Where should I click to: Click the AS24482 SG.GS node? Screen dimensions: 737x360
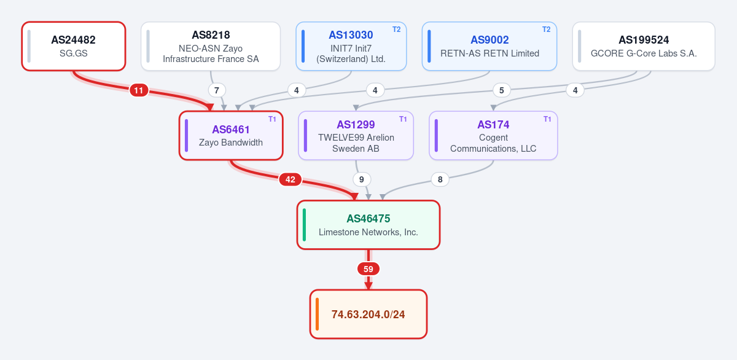(74, 46)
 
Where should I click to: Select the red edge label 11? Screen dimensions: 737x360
(139, 90)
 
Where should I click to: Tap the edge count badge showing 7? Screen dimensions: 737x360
(216, 90)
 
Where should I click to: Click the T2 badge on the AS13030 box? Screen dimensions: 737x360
(397, 29)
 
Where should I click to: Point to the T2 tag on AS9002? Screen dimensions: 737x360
(546, 29)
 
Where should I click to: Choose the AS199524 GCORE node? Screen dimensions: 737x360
(644, 46)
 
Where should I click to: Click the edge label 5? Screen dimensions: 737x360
(501, 90)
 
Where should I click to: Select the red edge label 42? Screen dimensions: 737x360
(290, 179)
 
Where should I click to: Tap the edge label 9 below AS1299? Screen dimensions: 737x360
(362, 179)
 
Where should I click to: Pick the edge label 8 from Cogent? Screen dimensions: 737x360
(440, 179)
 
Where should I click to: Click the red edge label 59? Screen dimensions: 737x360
(368, 269)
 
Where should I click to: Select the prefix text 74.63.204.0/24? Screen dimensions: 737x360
(368, 315)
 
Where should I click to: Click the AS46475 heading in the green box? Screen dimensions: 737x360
(368, 219)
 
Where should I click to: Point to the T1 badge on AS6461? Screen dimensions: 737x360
(272, 119)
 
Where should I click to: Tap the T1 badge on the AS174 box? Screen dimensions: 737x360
(547, 119)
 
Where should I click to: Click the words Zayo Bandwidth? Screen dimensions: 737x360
(231, 143)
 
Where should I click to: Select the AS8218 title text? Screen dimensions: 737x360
(211, 35)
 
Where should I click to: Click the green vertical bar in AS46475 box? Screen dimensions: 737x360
(305, 225)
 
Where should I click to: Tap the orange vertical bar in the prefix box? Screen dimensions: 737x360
(317, 314)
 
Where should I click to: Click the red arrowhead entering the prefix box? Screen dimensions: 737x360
(368, 286)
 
